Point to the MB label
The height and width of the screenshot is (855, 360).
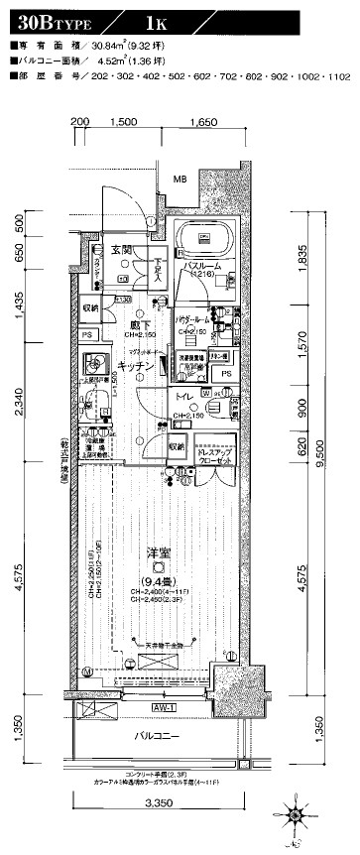(x=180, y=180)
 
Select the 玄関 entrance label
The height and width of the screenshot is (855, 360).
(x=121, y=250)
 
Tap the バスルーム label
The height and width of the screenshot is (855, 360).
(x=206, y=268)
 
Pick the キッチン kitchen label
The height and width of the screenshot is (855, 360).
(x=135, y=366)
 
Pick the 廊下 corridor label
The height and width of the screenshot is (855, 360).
(x=137, y=324)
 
